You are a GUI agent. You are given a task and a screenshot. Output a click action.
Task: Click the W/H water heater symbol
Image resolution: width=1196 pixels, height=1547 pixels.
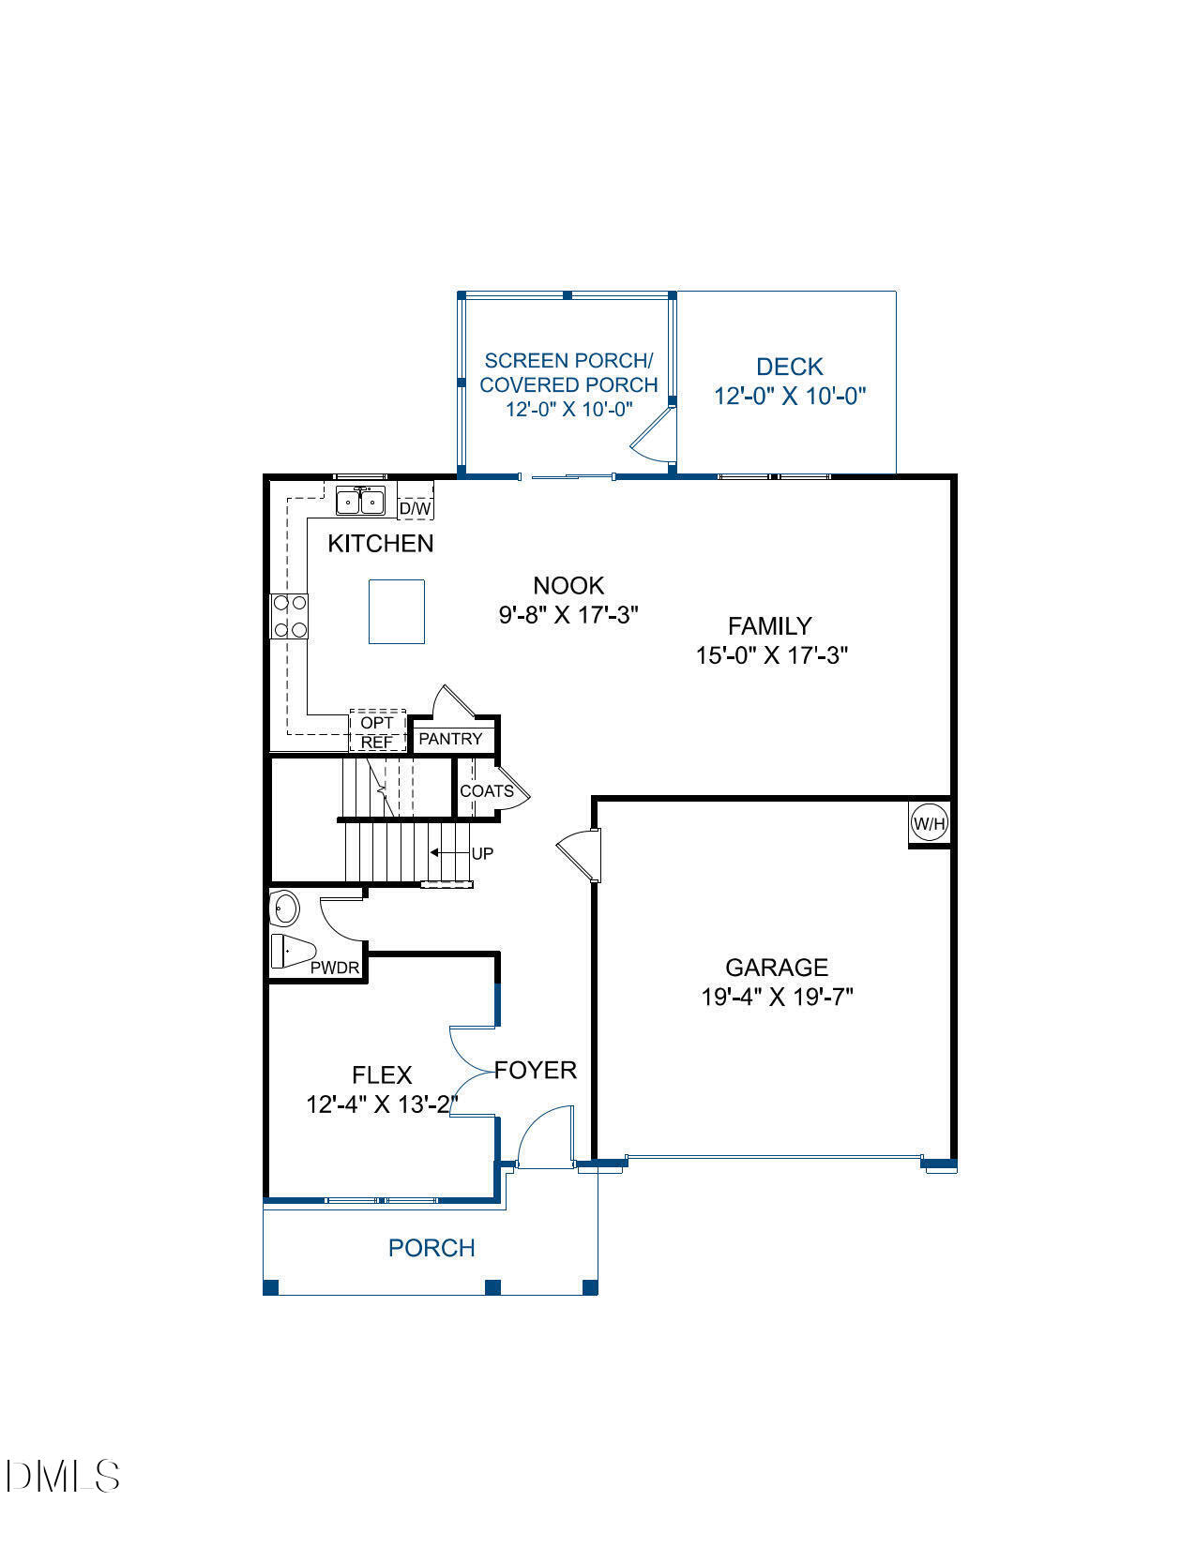[x=930, y=824]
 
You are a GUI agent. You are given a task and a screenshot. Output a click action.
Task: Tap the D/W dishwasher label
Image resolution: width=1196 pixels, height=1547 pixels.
[x=416, y=508]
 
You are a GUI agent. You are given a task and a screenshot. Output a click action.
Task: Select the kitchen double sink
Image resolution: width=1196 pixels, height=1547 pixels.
[x=361, y=502]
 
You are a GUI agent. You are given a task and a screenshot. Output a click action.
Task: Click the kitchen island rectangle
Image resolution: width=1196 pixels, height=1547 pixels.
[x=397, y=611]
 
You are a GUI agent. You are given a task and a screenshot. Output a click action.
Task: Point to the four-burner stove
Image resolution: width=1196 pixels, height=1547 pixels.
[x=289, y=617]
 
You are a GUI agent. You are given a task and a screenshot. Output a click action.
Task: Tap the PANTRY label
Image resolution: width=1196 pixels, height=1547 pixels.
[x=450, y=739]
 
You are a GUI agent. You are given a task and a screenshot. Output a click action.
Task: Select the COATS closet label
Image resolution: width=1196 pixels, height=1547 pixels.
[x=486, y=791]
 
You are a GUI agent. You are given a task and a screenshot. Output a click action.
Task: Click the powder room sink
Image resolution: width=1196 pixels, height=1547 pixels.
[x=284, y=909]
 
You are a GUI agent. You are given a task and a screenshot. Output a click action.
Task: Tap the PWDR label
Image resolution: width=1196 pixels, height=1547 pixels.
[x=335, y=968]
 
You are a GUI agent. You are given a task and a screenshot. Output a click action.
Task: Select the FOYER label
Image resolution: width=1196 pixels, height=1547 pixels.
[x=536, y=1070]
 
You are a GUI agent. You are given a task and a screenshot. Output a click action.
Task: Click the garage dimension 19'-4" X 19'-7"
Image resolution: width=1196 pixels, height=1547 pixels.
[x=777, y=997]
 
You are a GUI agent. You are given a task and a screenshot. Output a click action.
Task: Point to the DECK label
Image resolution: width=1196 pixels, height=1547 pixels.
[x=790, y=367]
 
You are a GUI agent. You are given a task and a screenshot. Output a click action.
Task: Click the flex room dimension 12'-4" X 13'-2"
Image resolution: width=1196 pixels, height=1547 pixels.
[x=382, y=1104]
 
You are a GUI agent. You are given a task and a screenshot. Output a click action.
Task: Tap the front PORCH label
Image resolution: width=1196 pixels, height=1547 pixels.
[x=431, y=1248]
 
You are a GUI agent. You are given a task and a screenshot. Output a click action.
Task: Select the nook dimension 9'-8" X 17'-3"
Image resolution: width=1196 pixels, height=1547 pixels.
[x=568, y=615]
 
